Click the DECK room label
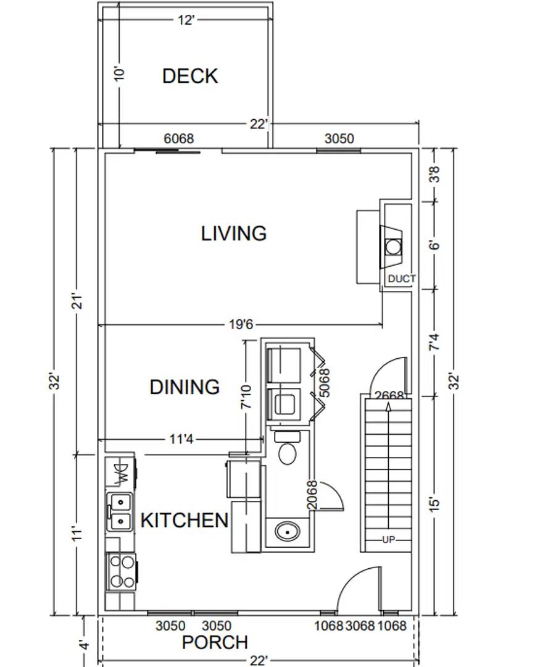click(x=190, y=76)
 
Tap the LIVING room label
click(x=234, y=233)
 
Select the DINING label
click(x=185, y=387)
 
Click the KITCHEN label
click(x=185, y=520)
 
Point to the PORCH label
click(x=215, y=642)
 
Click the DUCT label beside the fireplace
click(x=401, y=279)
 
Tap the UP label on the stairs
click(x=388, y=540)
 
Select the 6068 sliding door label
click(x=178, y=139)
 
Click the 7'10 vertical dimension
click(x=247, y=396)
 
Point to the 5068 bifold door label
click(x=325, y=383)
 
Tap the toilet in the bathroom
click(x=287, y=449)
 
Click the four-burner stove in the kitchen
click(x=122, y=571)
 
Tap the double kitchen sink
click(x=120, y=512)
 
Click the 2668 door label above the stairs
click(x=389, y=396)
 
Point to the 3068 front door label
click(x=360, y=626)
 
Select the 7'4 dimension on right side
click(x=435, y=342)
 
